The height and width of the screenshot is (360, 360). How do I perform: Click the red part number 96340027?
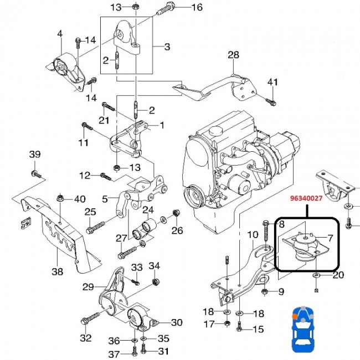[x=306, y=198]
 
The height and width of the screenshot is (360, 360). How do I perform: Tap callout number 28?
[x=233, y=55]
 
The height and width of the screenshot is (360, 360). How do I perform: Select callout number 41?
[x=272, y=82]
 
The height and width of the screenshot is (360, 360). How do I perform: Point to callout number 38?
[x=58, y=271]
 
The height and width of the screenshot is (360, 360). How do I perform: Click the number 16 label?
[x=197, y=7]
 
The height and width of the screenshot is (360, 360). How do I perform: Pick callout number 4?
[x=60, y=34]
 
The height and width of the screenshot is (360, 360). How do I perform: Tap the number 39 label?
[x=35, y=155]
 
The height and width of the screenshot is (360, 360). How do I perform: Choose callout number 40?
[x=80, y=199]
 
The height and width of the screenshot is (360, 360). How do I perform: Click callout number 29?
[x=88, y=287]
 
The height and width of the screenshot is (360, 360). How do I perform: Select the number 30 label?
[x=177, y=322]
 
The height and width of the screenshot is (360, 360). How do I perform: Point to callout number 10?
[x=253, y=235]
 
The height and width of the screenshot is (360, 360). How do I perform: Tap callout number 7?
[x=330, y=238]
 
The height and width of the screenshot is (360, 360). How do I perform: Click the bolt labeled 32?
[x=91, y=317]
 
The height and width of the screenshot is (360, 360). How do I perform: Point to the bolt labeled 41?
[x=271, y=102]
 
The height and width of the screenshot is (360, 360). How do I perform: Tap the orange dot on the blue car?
[x=294, y=316]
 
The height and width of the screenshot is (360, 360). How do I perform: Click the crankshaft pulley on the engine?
[x=194, y=196]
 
